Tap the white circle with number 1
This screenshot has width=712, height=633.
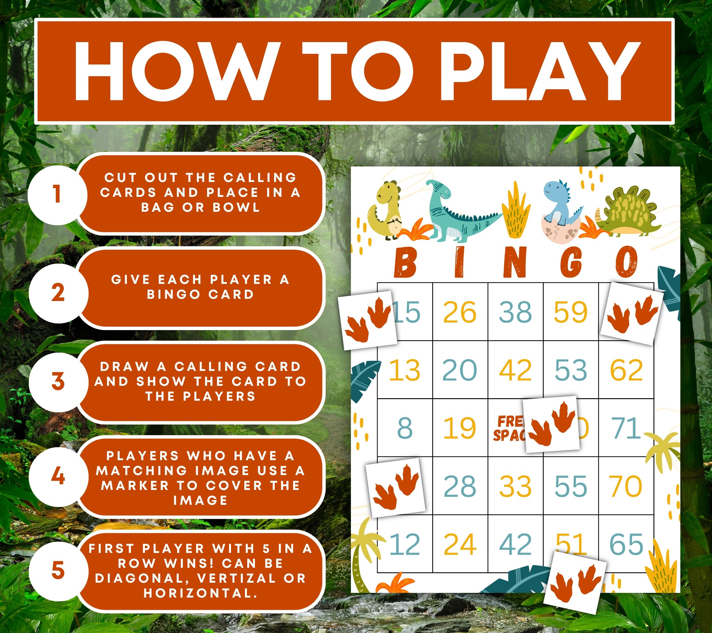pos(57,194)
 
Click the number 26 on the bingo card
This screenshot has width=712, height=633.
pos(459,312)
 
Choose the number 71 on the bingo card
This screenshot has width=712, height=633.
pos(626,428)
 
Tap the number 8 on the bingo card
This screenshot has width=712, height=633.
pos(405,428)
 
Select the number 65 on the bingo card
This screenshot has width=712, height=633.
pos(626,544)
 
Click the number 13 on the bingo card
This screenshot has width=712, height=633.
pos(404,370)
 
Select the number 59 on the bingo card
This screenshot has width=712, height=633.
pos(571,312)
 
